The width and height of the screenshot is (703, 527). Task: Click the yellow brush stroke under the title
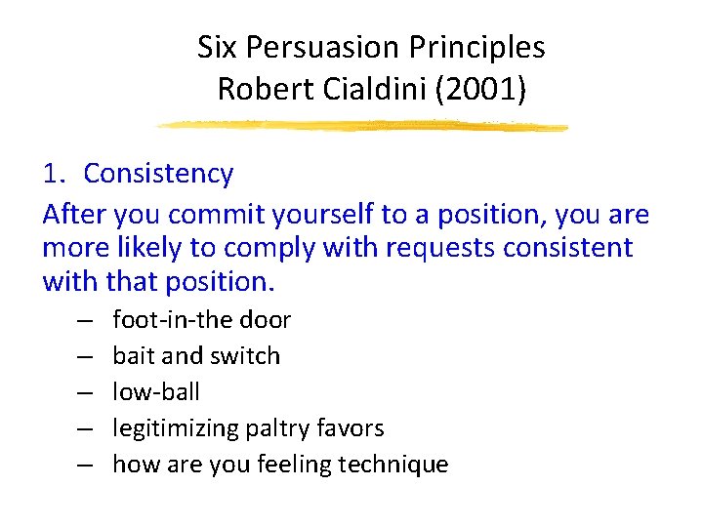tap(361, 126)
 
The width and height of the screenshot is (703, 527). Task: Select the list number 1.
tap(54, 174)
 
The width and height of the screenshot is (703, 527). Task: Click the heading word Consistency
tap(158, 174)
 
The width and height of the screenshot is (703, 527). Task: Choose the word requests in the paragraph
tap(442, 248)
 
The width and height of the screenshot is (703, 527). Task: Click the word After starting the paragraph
tap(75, 215)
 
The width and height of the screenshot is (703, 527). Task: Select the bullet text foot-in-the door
tap(201, 320)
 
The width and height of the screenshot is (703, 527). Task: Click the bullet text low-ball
tap(156, 392)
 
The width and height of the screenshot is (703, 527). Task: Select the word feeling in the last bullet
tap(293, 465)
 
